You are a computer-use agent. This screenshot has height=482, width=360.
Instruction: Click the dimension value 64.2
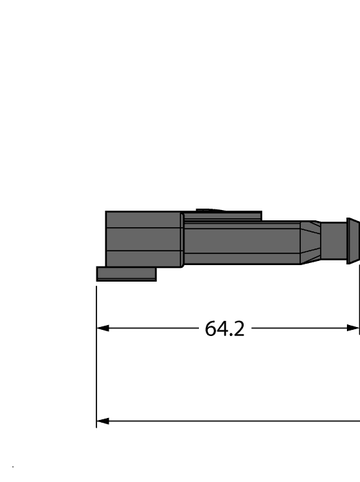coord(225,328)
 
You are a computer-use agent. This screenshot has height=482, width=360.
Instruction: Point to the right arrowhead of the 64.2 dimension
coord(354,328)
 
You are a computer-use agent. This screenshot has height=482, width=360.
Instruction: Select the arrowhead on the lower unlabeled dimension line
coord(103,421)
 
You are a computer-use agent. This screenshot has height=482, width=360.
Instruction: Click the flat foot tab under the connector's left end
coord(126,274)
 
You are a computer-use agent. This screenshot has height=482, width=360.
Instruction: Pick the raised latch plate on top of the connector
coord(222,216)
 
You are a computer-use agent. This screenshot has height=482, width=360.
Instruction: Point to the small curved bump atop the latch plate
coord(211,210)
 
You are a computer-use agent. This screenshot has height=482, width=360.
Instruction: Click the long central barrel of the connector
coord(241,242)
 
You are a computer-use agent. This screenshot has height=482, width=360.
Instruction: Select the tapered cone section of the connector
coord(310,242)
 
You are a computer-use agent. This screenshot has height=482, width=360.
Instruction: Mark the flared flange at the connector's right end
coord(352,240)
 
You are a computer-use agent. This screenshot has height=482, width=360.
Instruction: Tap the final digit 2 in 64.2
coord(238,328)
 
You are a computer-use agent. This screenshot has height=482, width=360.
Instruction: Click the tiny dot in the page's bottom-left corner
coord(13,468)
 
